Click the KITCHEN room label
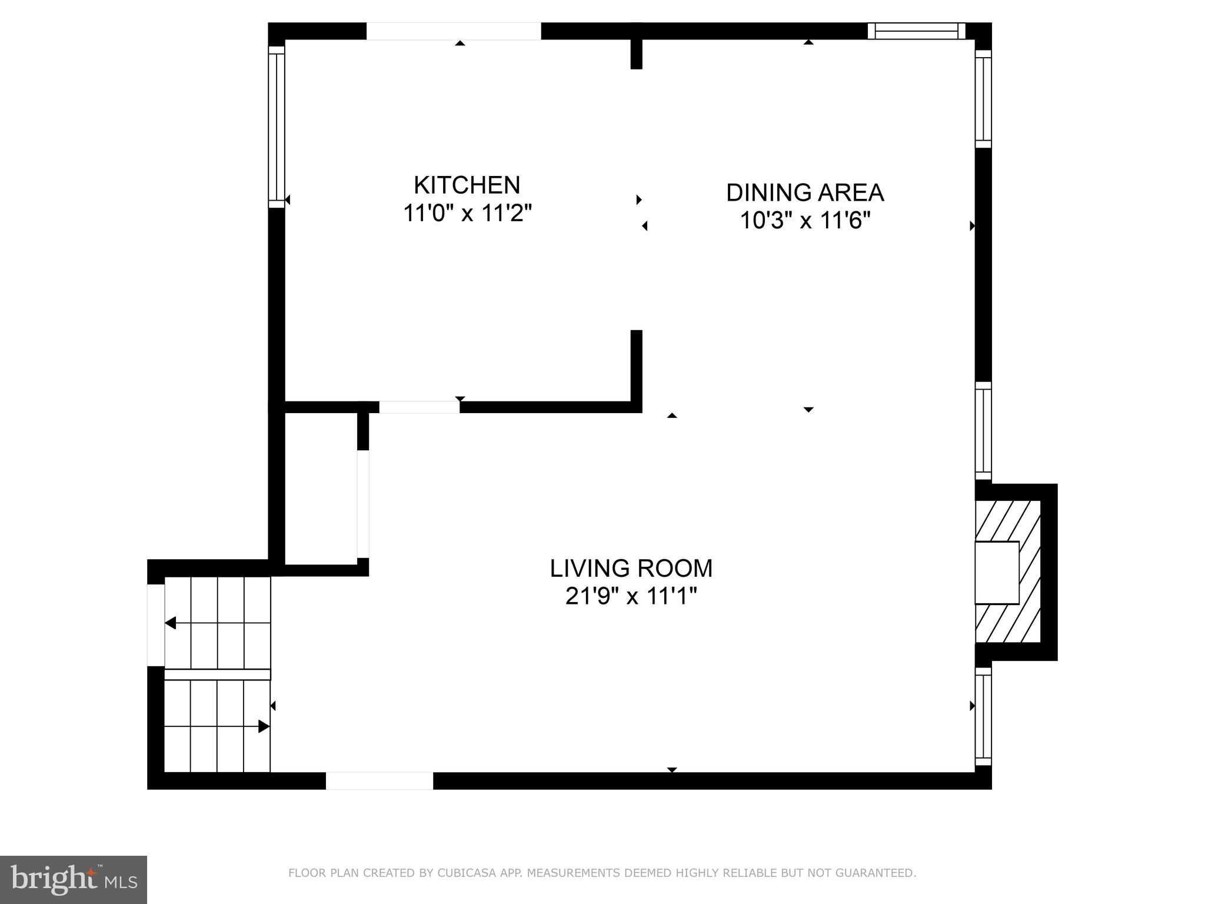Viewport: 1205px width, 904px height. coord(467,185)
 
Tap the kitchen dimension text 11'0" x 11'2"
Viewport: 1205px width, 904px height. coord(467,213)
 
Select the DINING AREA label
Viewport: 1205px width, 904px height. coord(804,192)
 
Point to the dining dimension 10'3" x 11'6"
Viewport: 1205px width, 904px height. coord(804,221)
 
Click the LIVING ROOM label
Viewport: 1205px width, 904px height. coord(631,569)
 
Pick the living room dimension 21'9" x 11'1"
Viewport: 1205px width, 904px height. coord(631,597)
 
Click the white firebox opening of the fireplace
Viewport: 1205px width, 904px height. coord(996,573)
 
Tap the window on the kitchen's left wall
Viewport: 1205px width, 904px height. coord(277,127)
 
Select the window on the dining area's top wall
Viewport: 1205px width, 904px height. coord(916,31)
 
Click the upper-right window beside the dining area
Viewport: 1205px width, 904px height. coord(983,99)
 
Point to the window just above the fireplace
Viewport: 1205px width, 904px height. coord(983,431)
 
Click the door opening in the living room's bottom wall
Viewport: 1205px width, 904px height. coord(380,780)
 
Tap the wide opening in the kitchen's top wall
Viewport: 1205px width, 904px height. coord(454,31)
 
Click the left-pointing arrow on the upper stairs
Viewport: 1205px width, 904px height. coord(171,623)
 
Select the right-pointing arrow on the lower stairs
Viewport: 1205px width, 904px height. coord(264,726)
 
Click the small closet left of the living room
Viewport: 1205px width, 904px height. coord(321,488)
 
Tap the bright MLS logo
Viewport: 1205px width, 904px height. coord(73,879)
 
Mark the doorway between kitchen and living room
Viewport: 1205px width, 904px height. coord(419,407)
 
